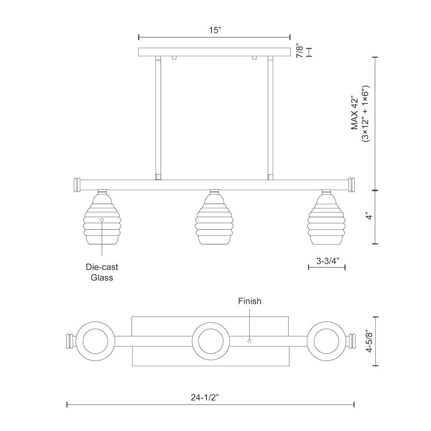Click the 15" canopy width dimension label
tap(215, 30)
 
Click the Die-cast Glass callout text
tap(102, 272)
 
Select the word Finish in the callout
tap(250, 301)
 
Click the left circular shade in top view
tap(96, 340)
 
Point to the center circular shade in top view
tap(212, 340)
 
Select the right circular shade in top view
tap(327, 340)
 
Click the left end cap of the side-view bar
tap(78, 184)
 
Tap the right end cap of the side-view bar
tap(352, 184)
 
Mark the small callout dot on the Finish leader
tap(249, 341)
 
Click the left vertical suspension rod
tap(158, 116)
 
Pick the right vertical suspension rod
tap(271, 116)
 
